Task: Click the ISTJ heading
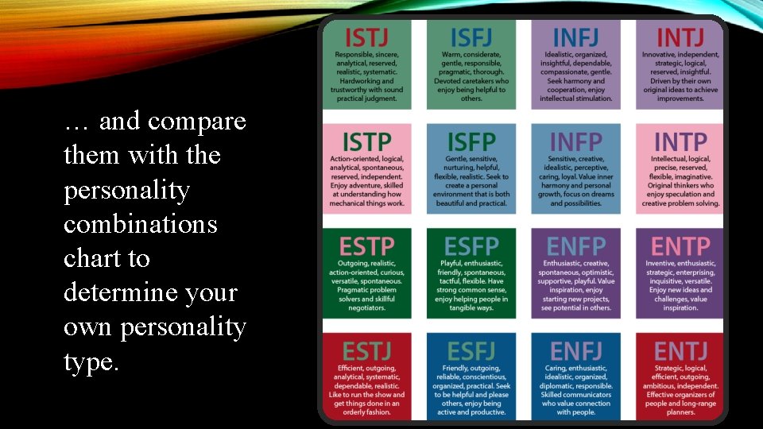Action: tap(367, 37)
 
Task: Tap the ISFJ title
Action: tap(471, 37)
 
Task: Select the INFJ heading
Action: tap(575, 37)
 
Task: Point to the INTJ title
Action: tap(680, 37)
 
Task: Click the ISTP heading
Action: tap(367, 141)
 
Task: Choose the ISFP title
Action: tap(471, 141)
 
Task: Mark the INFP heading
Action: tap(575, 141)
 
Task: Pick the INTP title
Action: tap(680, 141)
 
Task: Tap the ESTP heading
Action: tap(367, 246)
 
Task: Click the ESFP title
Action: tap(471, 246)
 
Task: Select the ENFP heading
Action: tap(575, 246)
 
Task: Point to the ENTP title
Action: tap(680, 246)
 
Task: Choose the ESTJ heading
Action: tap(367, 350)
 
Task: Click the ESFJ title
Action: tap(471, 350)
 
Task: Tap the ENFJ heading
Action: tap(575, 350)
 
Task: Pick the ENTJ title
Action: tap(680, 350)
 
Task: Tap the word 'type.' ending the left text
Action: tap(91, 362)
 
